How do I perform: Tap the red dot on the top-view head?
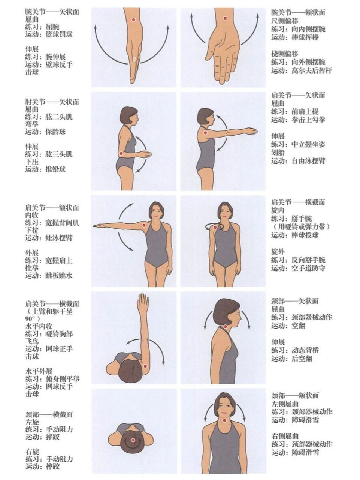point(133,440)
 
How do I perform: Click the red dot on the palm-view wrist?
point(225,18)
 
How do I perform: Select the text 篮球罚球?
point(59,34)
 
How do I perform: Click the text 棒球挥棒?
point(305,37)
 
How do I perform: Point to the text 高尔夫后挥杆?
point(312,70)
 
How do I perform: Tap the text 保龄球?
point(55,132)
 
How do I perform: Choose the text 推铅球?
point(55,169)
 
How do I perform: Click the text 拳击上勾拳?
point(308,120)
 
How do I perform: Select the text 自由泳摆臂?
point(308,161)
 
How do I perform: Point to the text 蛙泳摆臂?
point(59,238)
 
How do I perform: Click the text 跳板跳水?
point(59,275)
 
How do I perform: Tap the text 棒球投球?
point(305,235)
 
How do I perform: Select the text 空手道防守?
point(308,268)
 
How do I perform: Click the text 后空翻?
point(302,358)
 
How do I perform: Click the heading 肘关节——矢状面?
point(52,102)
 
